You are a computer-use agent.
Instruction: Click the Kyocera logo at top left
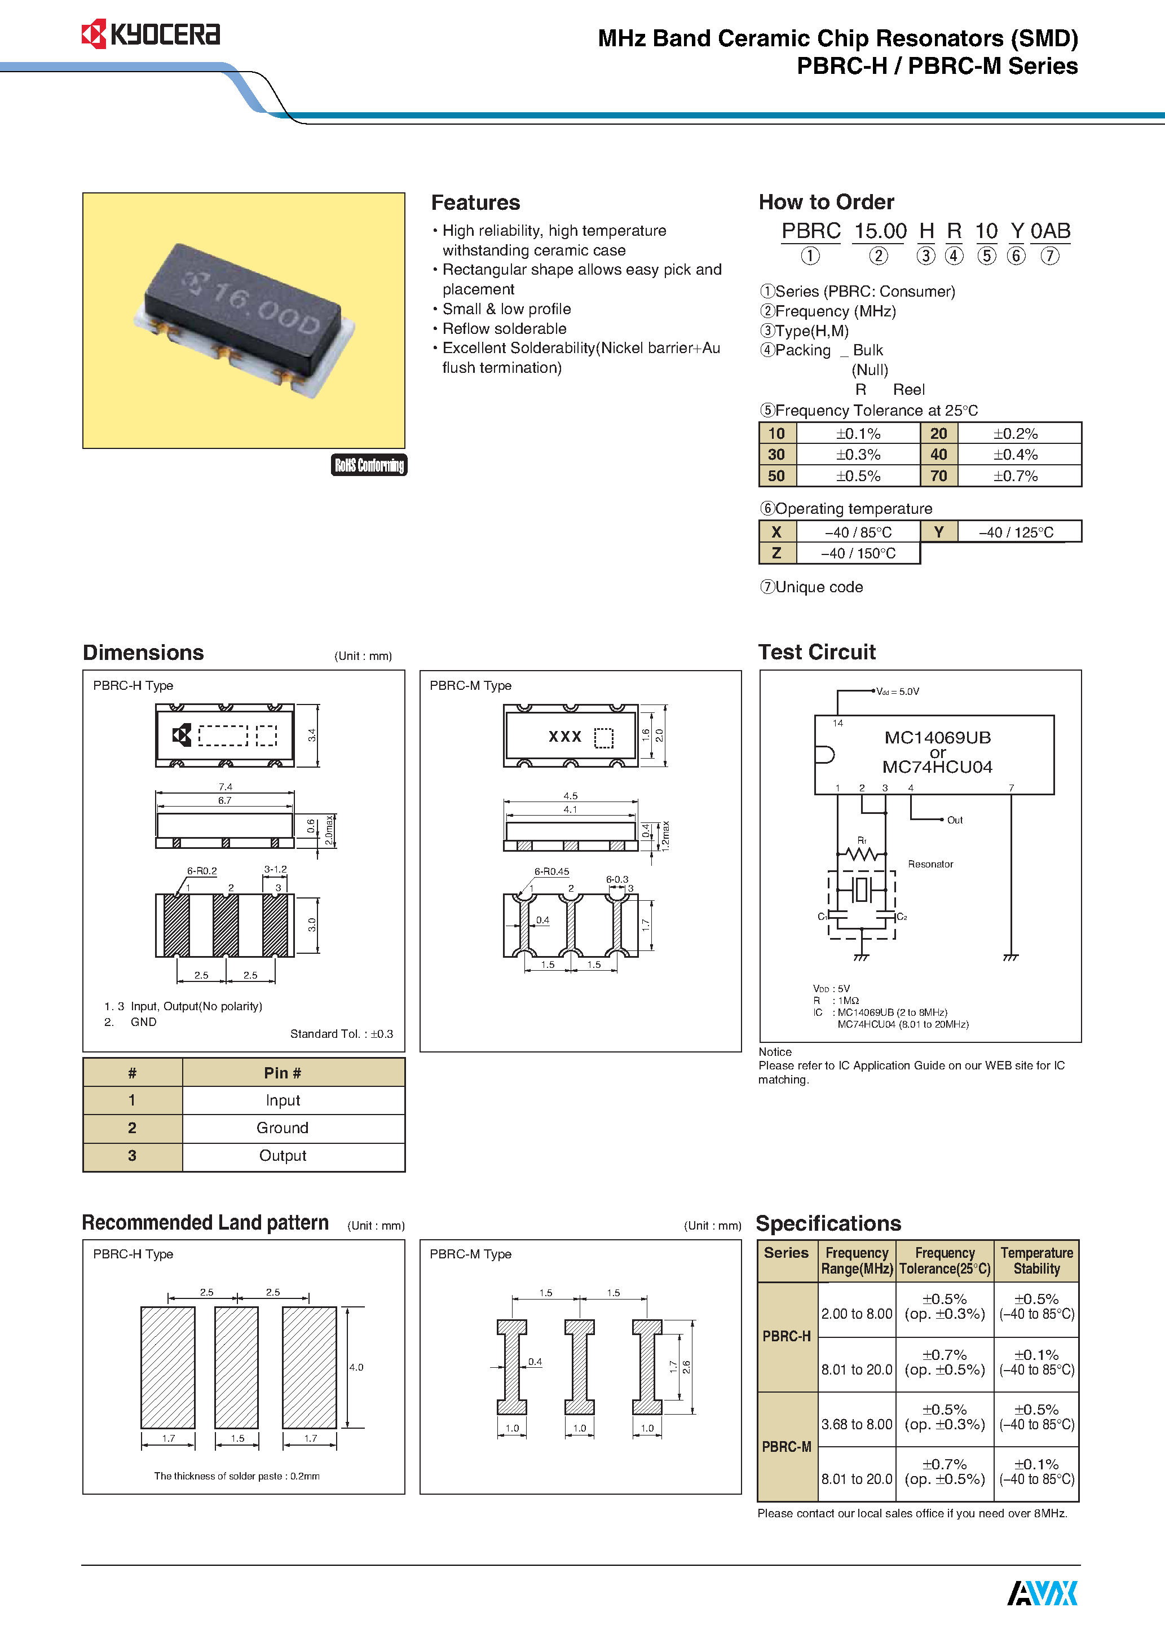point(151,34)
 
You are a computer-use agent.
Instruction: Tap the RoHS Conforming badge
point(369,465)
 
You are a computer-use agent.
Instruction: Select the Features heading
point(475,202)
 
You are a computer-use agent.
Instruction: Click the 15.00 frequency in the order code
point(880,231)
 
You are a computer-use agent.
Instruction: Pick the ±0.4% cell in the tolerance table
point(1015,455)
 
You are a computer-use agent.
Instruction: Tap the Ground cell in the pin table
point(283,1128)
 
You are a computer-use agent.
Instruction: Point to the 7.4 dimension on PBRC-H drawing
point(225,786)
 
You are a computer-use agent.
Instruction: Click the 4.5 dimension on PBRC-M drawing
point(570,795)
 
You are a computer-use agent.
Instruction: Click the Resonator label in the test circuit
point(930,864)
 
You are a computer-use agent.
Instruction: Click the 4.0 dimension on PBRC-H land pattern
point(356,1367)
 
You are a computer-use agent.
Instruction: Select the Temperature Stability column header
point(1036,1261)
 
